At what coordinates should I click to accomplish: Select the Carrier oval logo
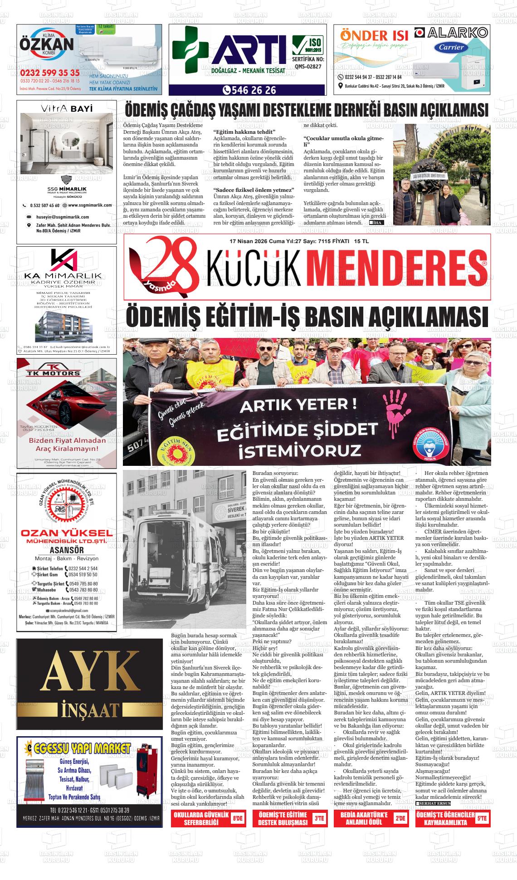[452, 47]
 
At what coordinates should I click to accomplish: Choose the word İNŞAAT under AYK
[89, 709]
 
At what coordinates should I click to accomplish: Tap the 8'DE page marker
[237, 818]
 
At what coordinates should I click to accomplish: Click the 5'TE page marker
[482, 818]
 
